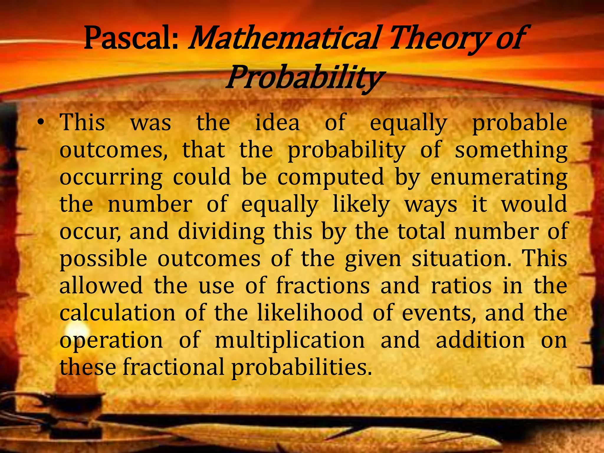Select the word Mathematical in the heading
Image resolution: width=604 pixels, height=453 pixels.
coord(283,38)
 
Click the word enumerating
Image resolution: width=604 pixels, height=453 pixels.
coord(499,177)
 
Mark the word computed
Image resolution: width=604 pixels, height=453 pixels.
coord(331,177)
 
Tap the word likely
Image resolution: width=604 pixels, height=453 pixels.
coord(361,204)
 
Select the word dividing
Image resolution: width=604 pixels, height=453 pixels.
coord(221,232)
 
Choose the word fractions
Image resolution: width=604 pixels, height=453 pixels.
coord(323,286)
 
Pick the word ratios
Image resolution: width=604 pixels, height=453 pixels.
coord(461,286)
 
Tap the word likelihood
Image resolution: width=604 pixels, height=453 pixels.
coord(310,313)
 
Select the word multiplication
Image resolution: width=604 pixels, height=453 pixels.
coord(290,340)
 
